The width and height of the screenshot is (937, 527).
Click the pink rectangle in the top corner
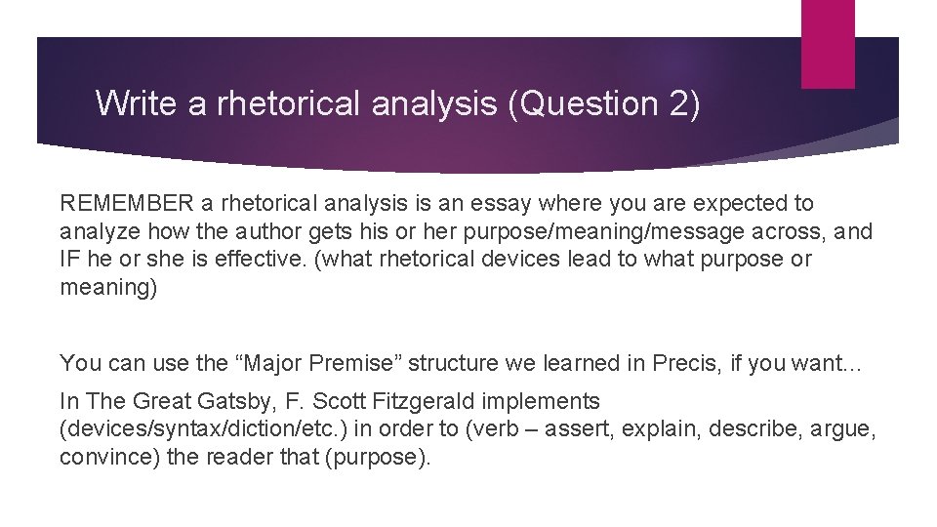coord(828,43)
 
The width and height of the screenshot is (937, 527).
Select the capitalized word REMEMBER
coord(126,203)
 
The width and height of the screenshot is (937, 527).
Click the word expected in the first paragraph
coord(739,203)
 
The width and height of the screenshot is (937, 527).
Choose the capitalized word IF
coord(70,260)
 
